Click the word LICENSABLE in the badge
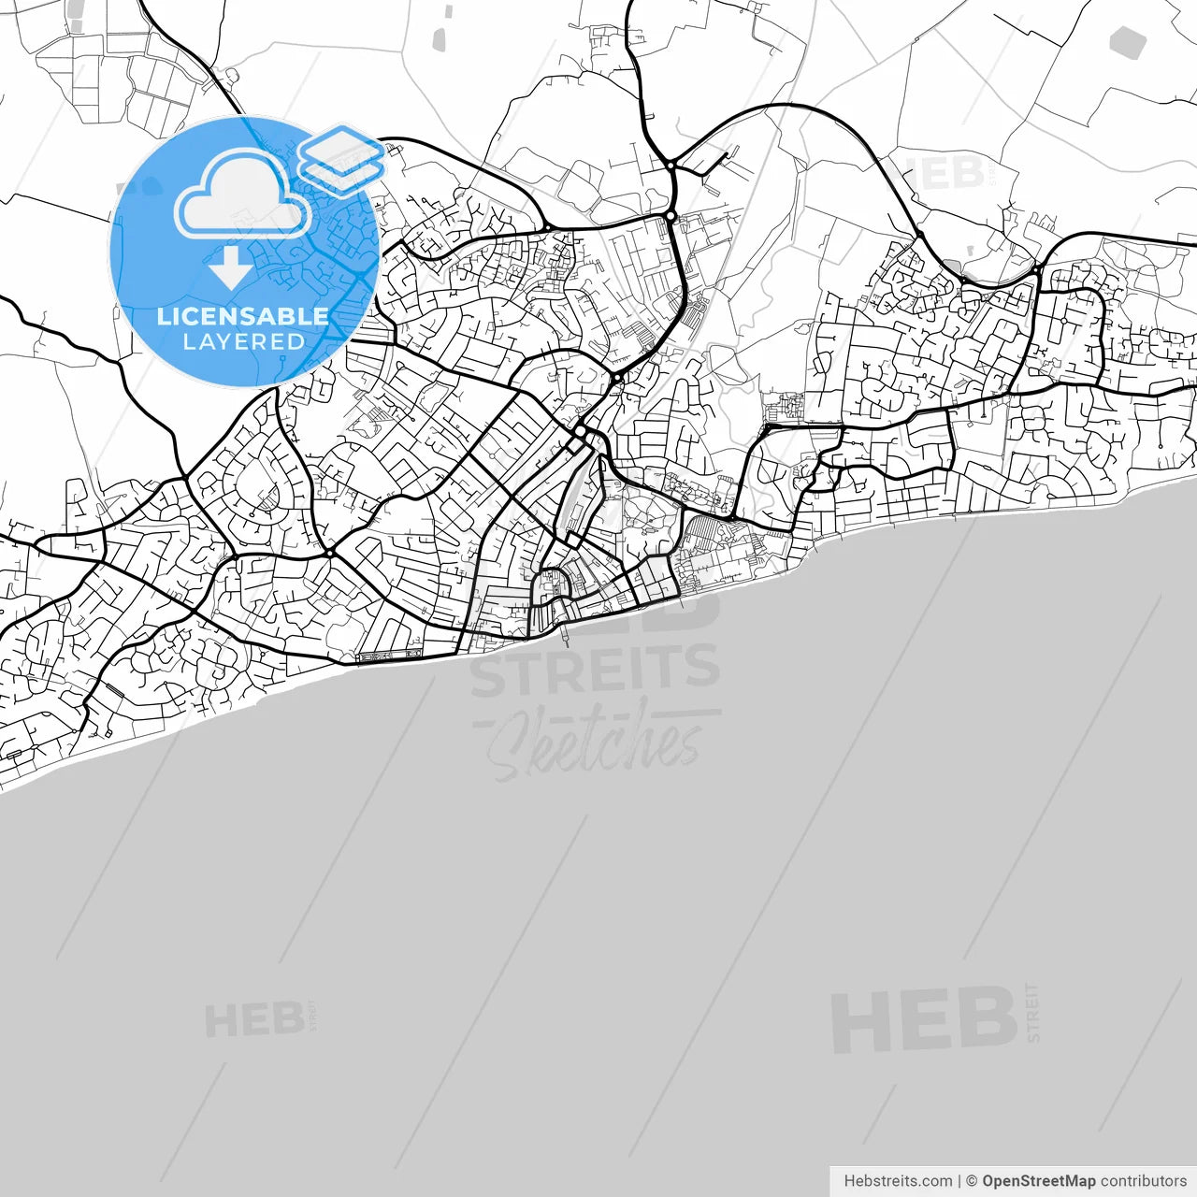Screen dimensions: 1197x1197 (x=242, y=316)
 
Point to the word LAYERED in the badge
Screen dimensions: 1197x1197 (x=243, y=342)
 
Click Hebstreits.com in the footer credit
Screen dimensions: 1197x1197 (x=898, y=1181)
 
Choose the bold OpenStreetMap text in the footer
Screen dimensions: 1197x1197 (x=1038, y=1181)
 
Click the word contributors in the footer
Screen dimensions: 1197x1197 (x=1143, y=1181)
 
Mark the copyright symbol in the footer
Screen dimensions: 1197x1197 (x=972, y=1181)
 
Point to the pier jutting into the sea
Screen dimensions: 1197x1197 (x=567, y=639)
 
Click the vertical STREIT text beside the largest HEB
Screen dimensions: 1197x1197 (x=1032, y=1013)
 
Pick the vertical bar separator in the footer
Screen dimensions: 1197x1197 (x=959, y=1181)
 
